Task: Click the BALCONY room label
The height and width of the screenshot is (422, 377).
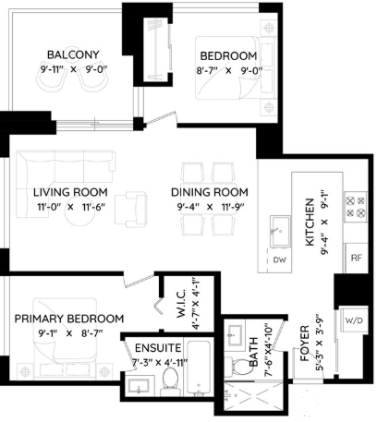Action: tap(73, 54)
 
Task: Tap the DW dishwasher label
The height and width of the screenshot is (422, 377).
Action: tap(280, 259)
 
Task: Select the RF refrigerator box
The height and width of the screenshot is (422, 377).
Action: tap(356, 258)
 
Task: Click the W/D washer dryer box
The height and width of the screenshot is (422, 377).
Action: tap(354, 320)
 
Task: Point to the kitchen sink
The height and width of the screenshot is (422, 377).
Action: tap(280, 232)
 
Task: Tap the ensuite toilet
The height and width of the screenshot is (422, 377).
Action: tap(169, 381)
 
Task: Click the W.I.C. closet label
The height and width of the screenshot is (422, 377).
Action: tap(181, 304)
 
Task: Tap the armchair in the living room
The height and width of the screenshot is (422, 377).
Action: tap(130, 209)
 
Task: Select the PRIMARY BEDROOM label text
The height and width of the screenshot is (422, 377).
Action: tap(69, 319)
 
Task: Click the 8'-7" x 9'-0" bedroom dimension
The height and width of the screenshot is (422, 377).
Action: tap(229, 71)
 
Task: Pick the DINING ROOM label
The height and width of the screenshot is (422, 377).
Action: tap(210, 192)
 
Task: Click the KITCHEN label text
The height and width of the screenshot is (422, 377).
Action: tap(310, 222)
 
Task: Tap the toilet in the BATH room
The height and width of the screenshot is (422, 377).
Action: tap(236, 367)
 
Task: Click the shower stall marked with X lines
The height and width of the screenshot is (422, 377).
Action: tap(253, 396)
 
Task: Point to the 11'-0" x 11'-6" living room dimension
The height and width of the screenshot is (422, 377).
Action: tap(71, 207)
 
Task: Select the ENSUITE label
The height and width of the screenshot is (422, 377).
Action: tap(158, 348)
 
